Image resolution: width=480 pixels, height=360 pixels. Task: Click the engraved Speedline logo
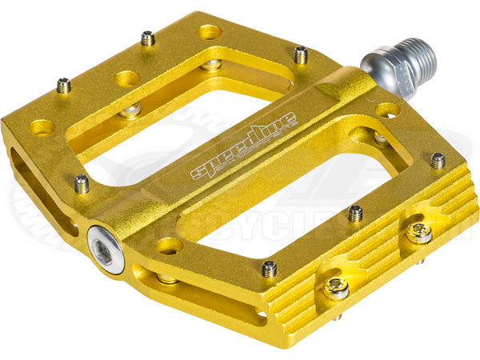point(243,146)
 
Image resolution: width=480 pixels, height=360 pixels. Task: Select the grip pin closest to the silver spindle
point(301,54)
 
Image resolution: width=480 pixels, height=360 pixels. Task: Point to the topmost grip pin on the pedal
point(147,38)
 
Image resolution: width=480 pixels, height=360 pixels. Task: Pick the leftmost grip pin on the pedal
point(63,85)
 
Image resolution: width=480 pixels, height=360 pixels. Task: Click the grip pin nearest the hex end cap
point(82,183)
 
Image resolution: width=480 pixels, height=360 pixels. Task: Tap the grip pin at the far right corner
point(438,160)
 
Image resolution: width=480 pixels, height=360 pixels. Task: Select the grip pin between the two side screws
point(355,213)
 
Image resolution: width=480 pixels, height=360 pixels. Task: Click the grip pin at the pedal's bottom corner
point(269,269)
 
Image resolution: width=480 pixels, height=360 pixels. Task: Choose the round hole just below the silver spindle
point(388,110)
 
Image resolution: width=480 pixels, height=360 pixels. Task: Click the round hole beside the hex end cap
point(169,246)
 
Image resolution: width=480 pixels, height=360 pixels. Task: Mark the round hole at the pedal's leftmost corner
point(42,126)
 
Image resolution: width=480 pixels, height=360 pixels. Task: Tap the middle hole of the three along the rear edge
point(127,78)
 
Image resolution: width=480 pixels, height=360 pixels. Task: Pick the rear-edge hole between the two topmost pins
point(210,32)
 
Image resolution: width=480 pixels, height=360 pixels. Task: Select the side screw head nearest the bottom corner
point(336,288)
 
